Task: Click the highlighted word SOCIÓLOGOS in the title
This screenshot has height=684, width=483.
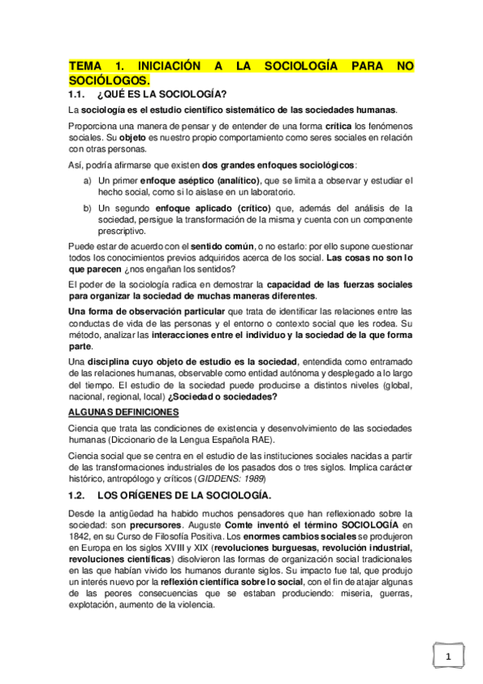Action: (109, 81)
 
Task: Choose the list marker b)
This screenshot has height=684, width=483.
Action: (87, 208)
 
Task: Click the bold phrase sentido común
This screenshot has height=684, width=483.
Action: (222, 246)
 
